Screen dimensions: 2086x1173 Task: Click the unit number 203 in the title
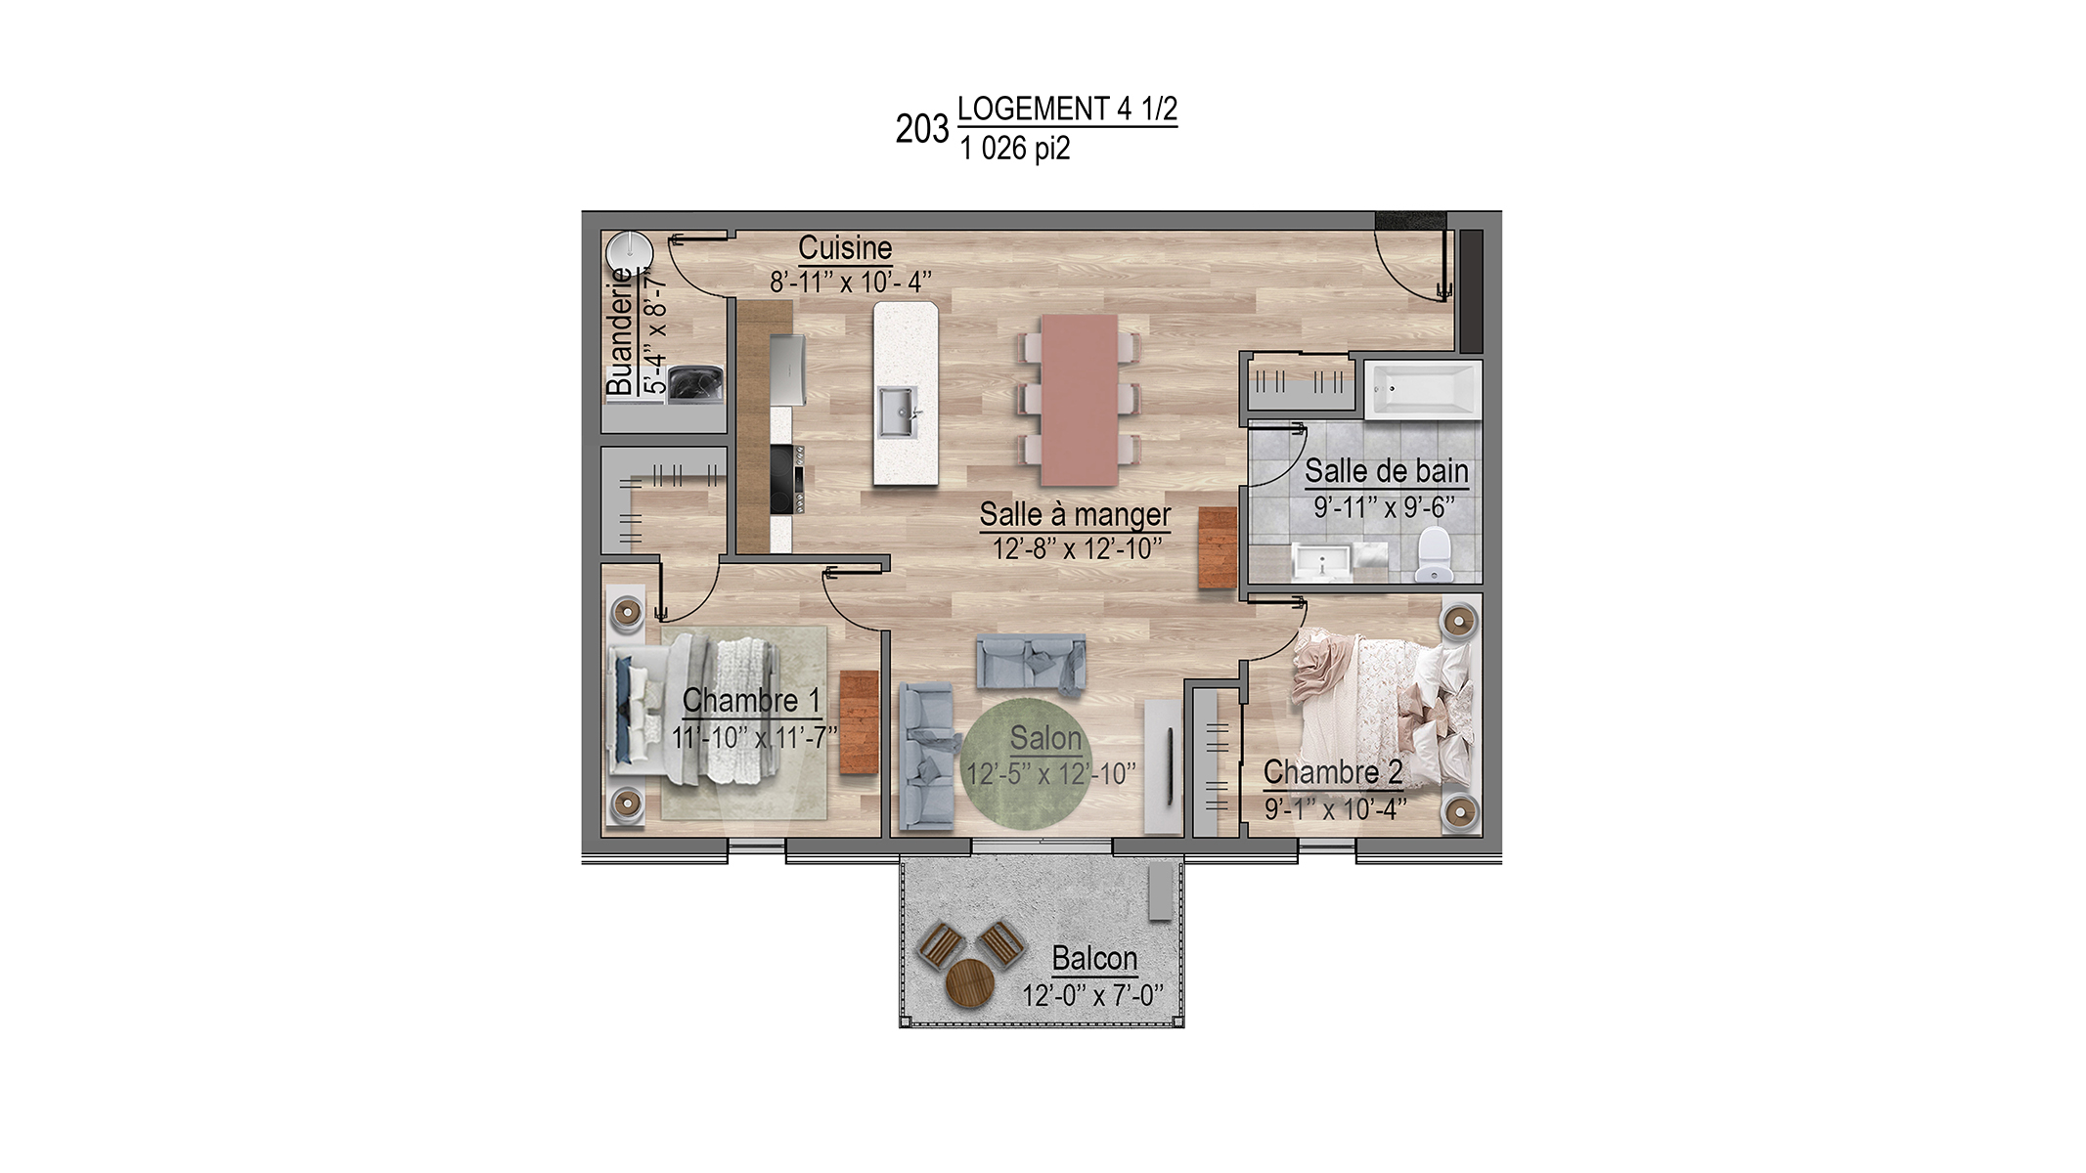(921, 129)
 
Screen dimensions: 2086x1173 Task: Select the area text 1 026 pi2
(1015, 149)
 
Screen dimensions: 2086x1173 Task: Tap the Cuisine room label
(845, 247)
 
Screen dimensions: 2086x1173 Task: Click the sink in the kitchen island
(897, 412)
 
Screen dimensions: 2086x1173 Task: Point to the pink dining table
(1080, 400)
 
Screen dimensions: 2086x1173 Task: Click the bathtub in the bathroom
(1423, 390)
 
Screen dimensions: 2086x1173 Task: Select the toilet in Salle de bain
(1434, 554)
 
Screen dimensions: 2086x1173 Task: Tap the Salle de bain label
(1386, 471)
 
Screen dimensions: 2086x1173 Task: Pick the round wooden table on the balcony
(970, 983)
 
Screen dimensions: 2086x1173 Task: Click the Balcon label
(1094, 958)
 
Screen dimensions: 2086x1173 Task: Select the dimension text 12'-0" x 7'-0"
(1092, 995)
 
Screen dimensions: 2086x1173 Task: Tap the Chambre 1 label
(751, 700)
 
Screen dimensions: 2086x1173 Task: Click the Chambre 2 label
(1333, 772)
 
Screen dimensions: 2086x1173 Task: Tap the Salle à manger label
(1075, 514)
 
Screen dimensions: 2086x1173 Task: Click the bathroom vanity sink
(1322, 563)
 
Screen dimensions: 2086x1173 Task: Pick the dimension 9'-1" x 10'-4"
(1335, 809)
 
